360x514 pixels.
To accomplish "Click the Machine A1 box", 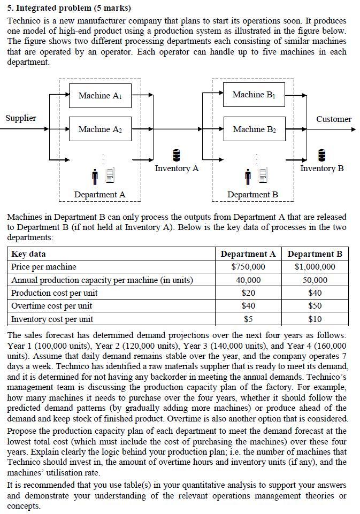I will tap(99, 96).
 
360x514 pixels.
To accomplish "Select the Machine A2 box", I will tap(99, 129).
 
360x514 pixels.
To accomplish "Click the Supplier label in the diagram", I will tap(21, 118).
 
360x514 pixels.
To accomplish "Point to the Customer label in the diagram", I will tap(333, 119).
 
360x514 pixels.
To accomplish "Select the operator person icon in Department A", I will tap(95, 175).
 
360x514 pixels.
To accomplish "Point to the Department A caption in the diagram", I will tap(99, 195).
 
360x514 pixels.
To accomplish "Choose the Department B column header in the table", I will tap(315, 254).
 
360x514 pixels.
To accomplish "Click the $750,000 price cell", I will tap(248, 267).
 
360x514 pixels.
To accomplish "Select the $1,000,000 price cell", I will tap(315, 267).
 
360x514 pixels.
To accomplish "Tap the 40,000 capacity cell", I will tap(248, 280).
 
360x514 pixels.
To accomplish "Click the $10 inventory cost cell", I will tap(315, 319).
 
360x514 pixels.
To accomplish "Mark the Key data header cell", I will tap(29, 254).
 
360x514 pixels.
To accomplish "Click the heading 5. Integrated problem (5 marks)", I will tap(69, 8).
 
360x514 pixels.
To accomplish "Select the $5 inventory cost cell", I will tap(248, 319).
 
